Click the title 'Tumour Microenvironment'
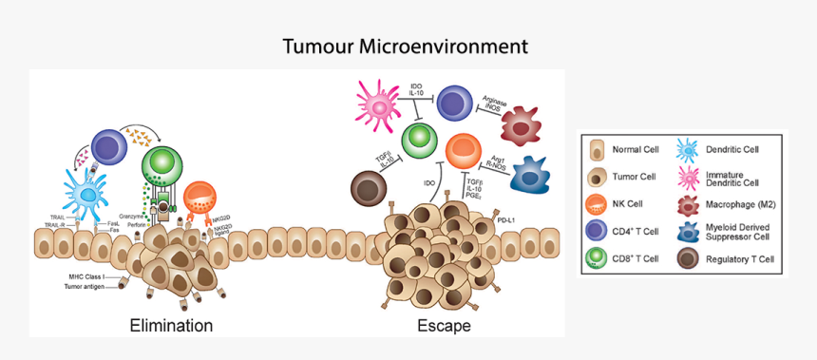tap(405, 46)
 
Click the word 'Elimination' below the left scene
tap(171, 326)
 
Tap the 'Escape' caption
tap(444, 326)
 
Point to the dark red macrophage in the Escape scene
tap(526, 125)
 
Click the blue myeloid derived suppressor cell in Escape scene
tap(535, 174)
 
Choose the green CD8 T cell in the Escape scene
tap(417, 140)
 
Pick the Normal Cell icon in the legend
tap(596, 149)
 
